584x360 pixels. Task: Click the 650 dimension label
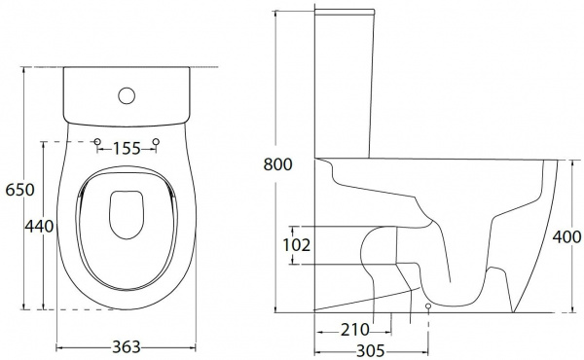point(20,190)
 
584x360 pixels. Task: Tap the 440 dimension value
point(39,226)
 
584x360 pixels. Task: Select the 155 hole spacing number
point(127,149)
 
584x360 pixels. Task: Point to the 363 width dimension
point(127,347)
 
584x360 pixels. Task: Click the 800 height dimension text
point(277,164)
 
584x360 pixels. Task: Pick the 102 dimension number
point(297,245)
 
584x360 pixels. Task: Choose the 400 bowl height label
point(566,236)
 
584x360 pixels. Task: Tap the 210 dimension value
point(355,330)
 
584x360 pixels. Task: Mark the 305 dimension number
point(371,351)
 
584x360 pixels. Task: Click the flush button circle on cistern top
point(127,95)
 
